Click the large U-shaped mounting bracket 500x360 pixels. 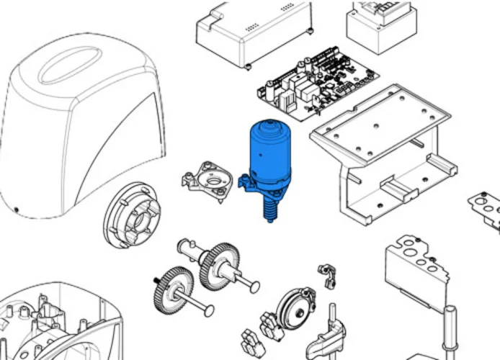(383, 152)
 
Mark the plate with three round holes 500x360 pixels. (414, 267)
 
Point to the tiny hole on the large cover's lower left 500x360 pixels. (16, 210)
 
